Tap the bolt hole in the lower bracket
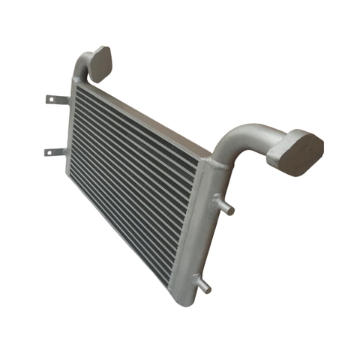pos(49,152)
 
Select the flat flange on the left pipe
pos(99,64)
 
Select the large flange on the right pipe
pos(298,151)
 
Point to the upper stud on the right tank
pos(223,205)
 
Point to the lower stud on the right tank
pos(202,284)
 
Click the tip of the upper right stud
pos(231,211)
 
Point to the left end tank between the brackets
pos(71,127)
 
